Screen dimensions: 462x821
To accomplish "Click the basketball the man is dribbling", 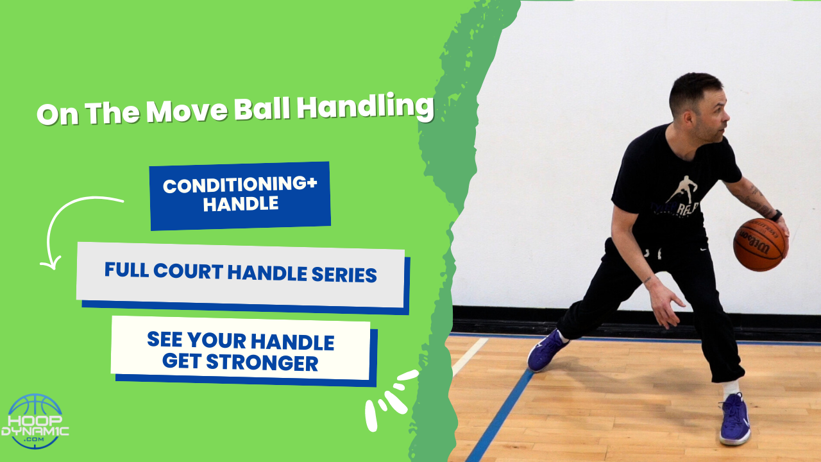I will click(760, 244).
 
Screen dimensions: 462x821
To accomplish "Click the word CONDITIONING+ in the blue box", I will click(240, 185).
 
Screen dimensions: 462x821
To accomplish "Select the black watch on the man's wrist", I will click(775, 216).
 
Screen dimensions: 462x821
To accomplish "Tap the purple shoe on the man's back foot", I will click(546, 350).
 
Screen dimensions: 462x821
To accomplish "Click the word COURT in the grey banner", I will click(189, 272).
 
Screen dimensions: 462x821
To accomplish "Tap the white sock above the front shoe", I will click(730, 388).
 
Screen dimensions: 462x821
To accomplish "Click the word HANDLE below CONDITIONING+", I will click(241, 204).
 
